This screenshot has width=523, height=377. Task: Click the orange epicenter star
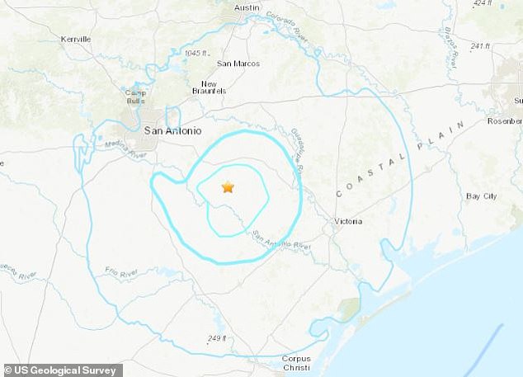(x=228, y=187)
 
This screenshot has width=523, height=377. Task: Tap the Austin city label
(x=247, y=7)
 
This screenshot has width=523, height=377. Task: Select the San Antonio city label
(x=171, y=130)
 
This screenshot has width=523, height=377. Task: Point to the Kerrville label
(x=77, y=39)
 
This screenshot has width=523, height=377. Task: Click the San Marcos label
(x=238, y=64)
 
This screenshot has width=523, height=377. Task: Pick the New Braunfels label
(x=209, y=87)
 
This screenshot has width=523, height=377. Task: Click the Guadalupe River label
(x=299, y=149)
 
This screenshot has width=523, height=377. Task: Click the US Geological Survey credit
(x=62, y=370)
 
